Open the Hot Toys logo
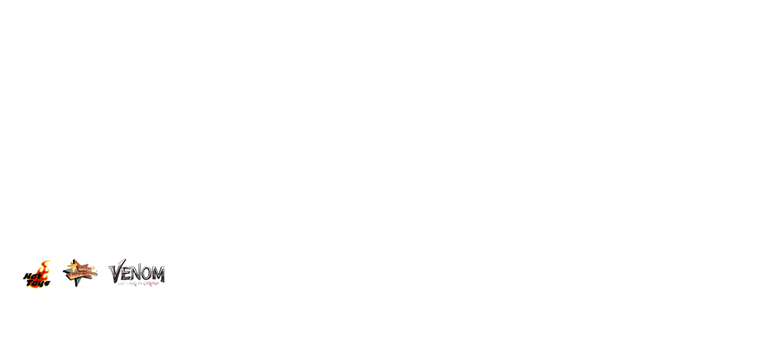36,274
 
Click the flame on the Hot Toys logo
44,268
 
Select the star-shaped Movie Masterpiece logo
79,273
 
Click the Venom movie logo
137,272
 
